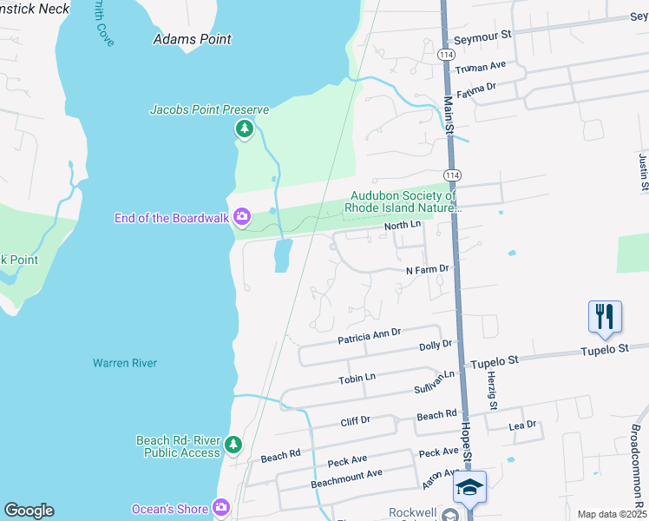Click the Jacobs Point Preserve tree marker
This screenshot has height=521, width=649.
[x=245, y=129]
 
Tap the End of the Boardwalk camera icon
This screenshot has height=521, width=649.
[x=242, y=216]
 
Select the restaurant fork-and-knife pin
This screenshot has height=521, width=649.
[x=605, y=317]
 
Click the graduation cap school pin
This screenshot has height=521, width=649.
[x=469, y=487]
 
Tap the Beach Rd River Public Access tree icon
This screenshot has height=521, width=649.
[x=233, y=445]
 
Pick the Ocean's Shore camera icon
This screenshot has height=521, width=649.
[x=222, y=507]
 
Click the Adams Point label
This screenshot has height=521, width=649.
[x=192, y=39]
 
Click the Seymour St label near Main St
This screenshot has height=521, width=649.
[x=484, y=40]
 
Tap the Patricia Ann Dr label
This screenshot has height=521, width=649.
[x=369, y=335]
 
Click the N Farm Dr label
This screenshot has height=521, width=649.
[x=427, y=270]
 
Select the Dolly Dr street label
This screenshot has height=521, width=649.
[x=436, y=345]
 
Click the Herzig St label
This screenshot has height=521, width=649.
[x=491, y=389]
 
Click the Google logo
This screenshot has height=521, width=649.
[x=29, y=511]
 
